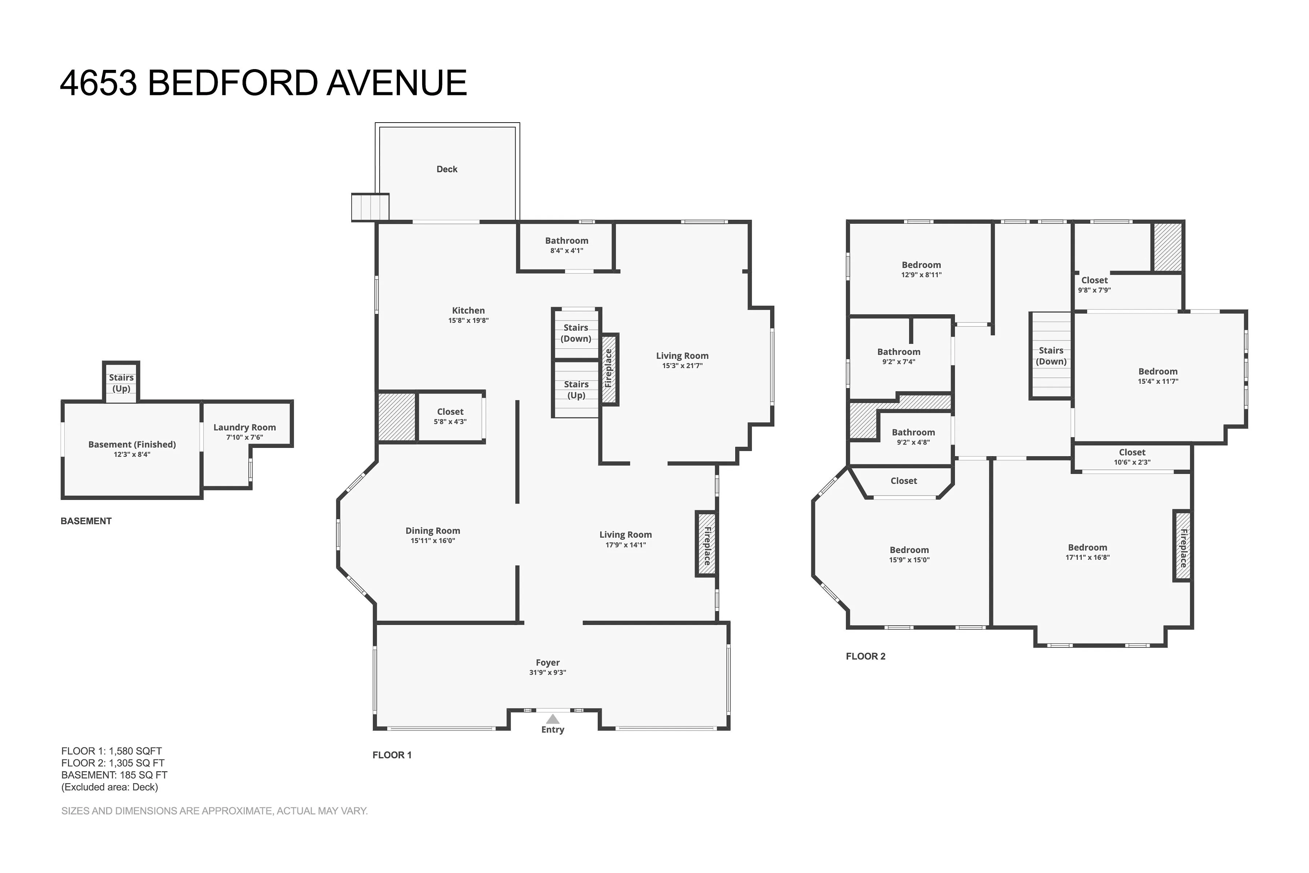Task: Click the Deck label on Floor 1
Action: click(x=447, y=169)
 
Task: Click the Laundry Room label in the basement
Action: click(x=244, y=428)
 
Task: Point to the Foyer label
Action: click(x=547, y=662)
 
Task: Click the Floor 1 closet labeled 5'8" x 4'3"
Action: click(x=450, y=416)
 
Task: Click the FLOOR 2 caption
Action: click(x=865, y=657)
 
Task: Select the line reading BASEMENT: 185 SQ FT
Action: click(x=114, y=775)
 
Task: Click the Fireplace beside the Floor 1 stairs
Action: click(x=609, y=369)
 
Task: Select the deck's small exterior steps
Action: click(x=370, y=207)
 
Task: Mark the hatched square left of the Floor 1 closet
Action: click(x=397, y=417)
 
